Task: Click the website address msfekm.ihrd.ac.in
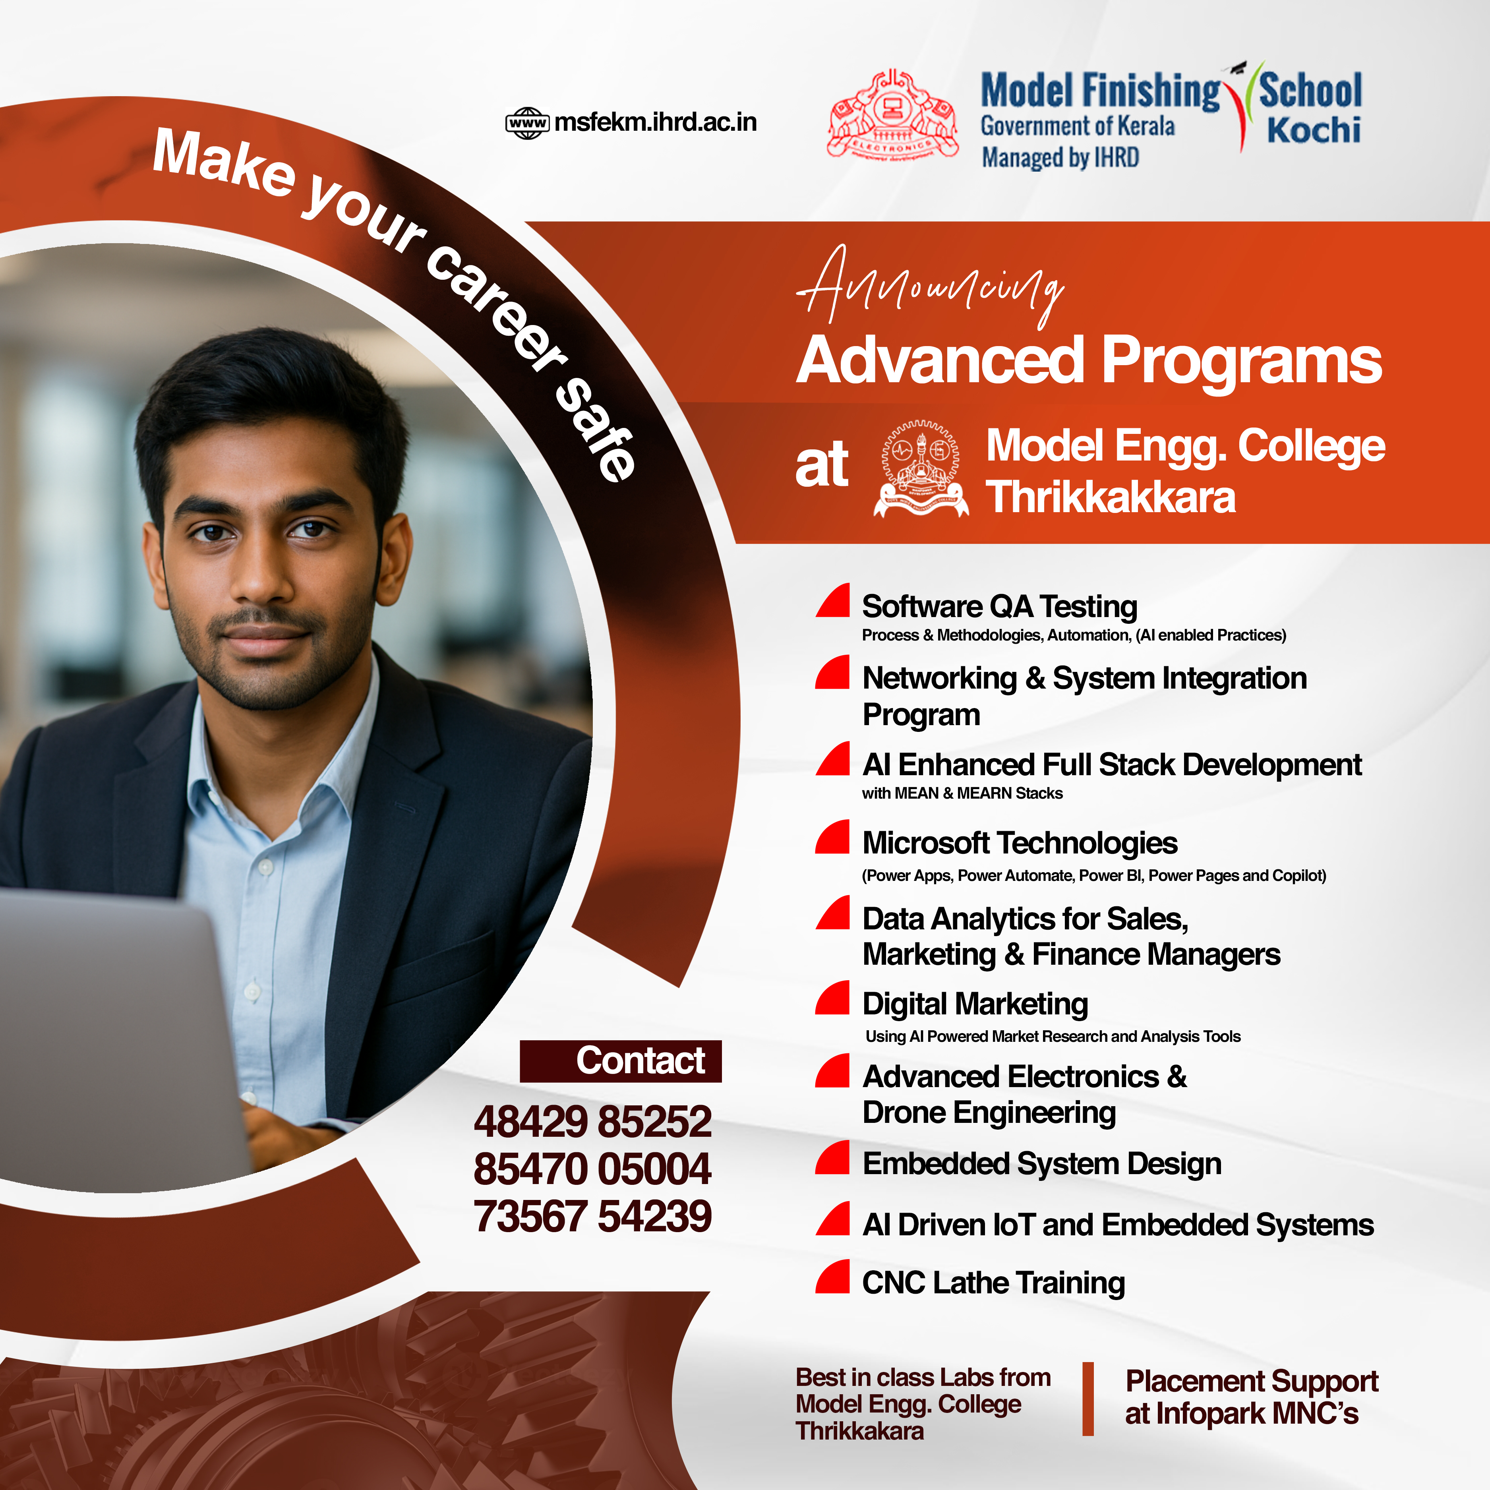(656, 122)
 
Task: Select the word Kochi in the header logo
(1314, 130)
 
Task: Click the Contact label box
(621, 1061)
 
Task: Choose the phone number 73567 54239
(592, 1216)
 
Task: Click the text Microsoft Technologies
(1020, 843)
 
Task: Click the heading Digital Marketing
(975, 1004)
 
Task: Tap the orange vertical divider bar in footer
(1088, 1399)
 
